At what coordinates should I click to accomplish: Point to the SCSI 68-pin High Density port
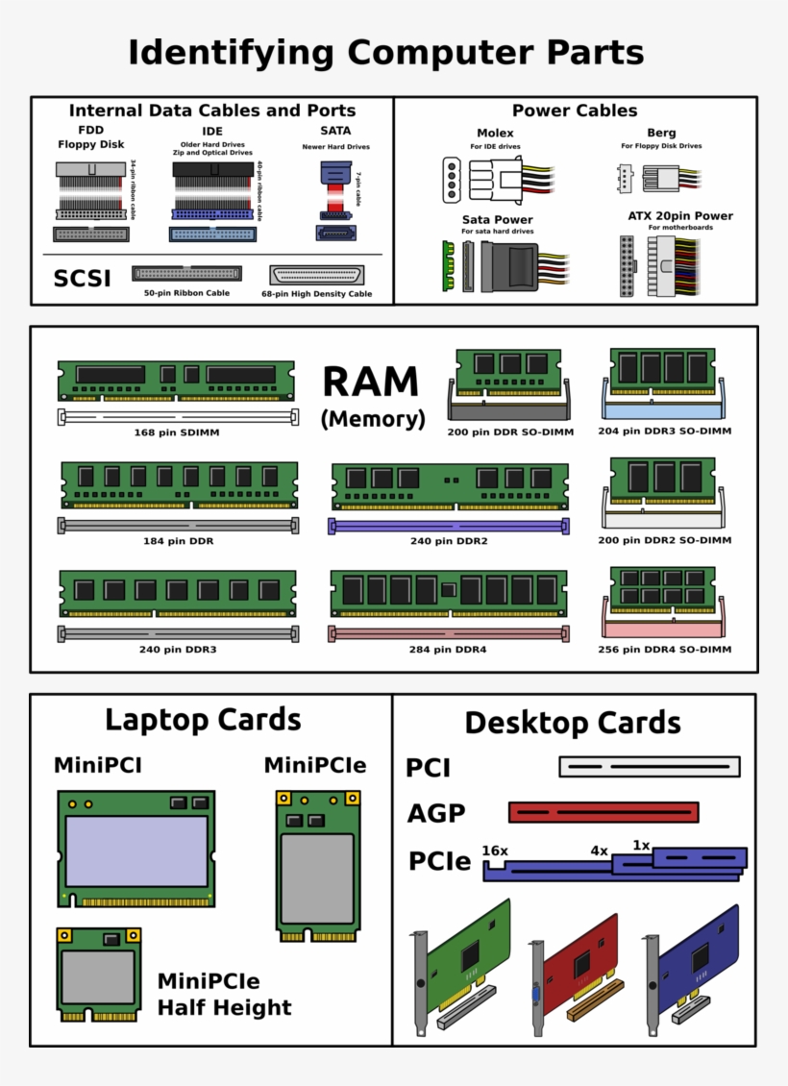pyautogui.click(x=317, y=275)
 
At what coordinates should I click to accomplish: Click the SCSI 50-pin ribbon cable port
pyautogui.click(x=186, y=273)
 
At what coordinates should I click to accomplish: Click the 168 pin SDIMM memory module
pyautogui.click(x=176, y=382)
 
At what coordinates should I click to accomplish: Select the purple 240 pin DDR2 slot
pyautogui.click(x=450, y=526)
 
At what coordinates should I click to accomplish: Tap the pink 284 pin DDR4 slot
pyautogui.click(x=449, y=633)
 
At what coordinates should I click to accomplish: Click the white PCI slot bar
pyautogui.click(x=650, y=767)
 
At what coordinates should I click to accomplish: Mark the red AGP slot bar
pyautogui.click(x=603, y=812)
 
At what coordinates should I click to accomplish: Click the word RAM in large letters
pyautogui.click(x=370, y=383)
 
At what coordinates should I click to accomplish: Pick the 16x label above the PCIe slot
pyautogui.click(x=494, y=851)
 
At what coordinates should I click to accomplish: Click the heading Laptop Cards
pyautogui.click(x=203, y=720)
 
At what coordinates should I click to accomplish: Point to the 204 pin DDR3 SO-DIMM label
pyautogui.click(x=664, y=432)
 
